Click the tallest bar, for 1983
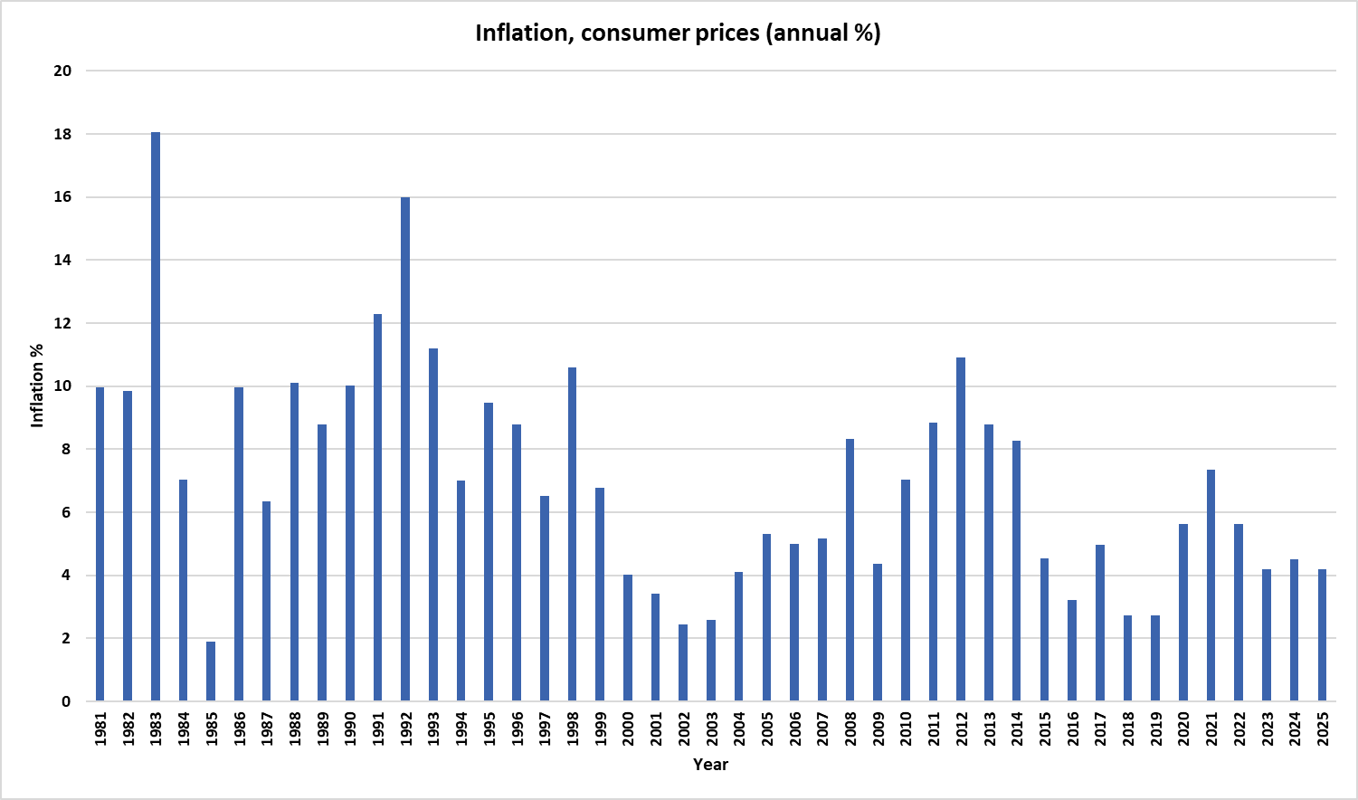pyautogui.click(x=156, y=416)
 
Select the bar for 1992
pyautogui.click(x=405, y=449)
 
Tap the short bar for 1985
pyautogui.click(x=211, y=671)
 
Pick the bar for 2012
pyautogui.click(x=961, y=529)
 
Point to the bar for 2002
pyautogui.click(x=683, y=662)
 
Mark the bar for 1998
pyautogui.click(x=572, y=534)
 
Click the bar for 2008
pyautogui.click(x=850, y=570)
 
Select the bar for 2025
pyautogui.click(x=1322, y=635)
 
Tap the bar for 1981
pyautogui.click(x=100, y=544)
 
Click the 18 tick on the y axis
pyautogui.click(x=62, y=134)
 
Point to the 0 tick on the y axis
pyautogui.click(x=66, y=701)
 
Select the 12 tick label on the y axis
pyautogui.click(x=62, y=323)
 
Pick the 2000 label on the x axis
pyautogui.click(x=628, y=729)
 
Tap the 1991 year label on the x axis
pyautogui.click(x=378, y=729)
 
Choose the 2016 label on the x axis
pyautogui.click(x=1072, y=729)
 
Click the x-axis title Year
pyautogui.click(x=710, y=765)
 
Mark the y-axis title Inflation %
pyautogui.click(x=37, y=386)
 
